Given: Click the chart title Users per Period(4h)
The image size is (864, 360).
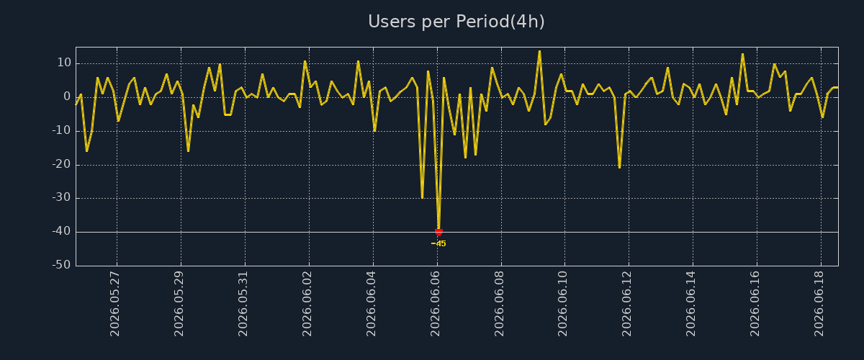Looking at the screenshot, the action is [456, 22].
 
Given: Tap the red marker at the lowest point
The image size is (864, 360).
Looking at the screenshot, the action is [438, 232].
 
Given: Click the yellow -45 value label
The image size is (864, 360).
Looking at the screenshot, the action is [438, 243].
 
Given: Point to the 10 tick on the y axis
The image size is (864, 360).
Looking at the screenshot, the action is [64, 63].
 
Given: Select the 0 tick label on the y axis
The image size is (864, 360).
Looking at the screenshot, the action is [67, 96].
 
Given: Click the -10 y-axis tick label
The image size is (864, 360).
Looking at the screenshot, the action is [62, 130].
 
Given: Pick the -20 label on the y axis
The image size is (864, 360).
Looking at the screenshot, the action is [62, 164].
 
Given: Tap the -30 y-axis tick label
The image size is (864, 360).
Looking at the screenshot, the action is [62, 197].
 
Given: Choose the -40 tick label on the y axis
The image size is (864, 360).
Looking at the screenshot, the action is [62, 231].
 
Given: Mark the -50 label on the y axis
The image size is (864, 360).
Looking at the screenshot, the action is [62, 265].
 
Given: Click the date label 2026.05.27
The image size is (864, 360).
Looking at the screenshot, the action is [115, 304].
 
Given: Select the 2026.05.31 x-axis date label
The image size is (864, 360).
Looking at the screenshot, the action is [243, 304].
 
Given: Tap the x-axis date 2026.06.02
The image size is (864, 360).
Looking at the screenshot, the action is [307, 304].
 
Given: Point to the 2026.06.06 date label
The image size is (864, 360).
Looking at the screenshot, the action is [435, 304].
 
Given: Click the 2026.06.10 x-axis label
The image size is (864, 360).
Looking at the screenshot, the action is [563, 304].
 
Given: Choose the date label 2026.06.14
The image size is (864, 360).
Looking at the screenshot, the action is [690, 304].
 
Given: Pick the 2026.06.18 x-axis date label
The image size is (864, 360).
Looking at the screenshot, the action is [819, 304].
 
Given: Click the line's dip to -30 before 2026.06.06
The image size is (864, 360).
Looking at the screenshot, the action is [423, 197].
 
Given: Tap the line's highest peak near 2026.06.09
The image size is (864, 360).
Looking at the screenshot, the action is [539, 51].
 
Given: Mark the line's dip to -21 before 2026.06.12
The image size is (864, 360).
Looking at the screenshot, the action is [619, 167].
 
